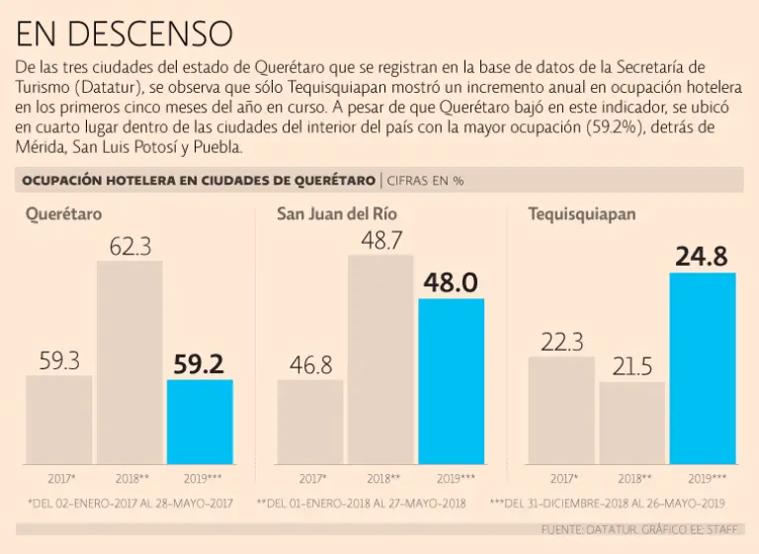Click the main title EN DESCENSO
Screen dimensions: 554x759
pyautogui.click(x=125, y=34)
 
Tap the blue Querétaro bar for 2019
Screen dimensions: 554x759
pyautogui.click(x=200, y=422)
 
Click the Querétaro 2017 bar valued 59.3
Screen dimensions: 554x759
pyautogui.click(x=59, y=420)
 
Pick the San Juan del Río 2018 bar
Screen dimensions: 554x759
pyautogui.click(x=380, y=359)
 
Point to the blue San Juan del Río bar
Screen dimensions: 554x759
pyautogui.click(x=451, y=381)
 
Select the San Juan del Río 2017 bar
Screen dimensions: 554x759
pyautogui.click(x=310, y=422)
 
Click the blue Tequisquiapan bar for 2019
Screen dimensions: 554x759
pyautogui.click(x=703, y=368)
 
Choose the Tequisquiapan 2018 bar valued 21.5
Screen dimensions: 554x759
pyautogui.click(x=632, y=423)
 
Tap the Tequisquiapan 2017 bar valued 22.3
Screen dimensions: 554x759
pyautogui.click(x=561, y=410)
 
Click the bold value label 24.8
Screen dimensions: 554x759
pyautogui.click(x=702, y=257)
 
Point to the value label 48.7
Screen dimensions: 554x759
pyautogui.click(x=380, y=238)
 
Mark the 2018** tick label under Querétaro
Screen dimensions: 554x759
pyautogui.click(x=129, y=478)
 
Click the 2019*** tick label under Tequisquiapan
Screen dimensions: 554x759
pyautogui.click(x=703, y=478)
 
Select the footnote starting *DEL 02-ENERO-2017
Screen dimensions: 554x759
pyautogui.click(x=129, y=503)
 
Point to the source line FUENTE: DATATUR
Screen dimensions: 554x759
pyautogui.click(x=640, y=530)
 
